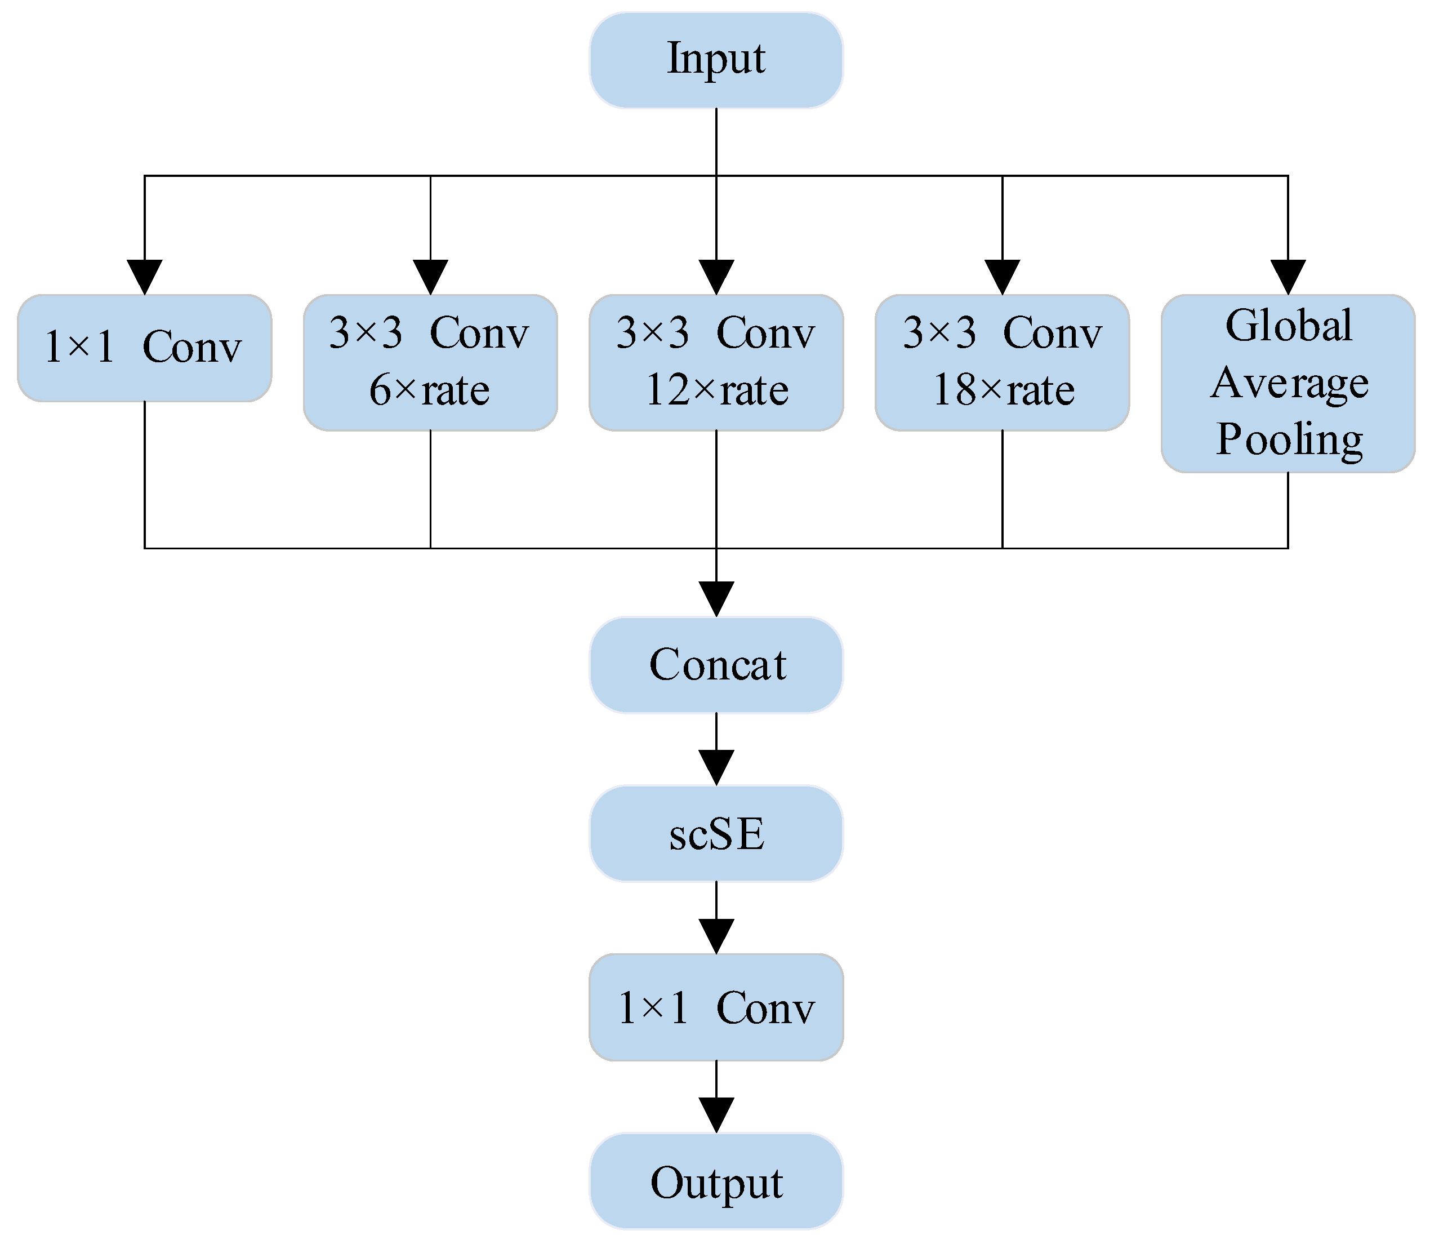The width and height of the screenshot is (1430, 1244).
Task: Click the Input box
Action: [x=716, y=60]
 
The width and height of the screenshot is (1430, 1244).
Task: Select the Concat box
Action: [x=716, y=664]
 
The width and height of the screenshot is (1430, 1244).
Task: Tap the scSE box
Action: [x=716, y=833]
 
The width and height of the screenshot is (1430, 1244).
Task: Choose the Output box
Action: [x=716, y=1181]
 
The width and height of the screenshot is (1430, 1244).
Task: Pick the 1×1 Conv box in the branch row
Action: [x=144, y=348]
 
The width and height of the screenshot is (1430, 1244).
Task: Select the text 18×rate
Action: [x=1003, y=390]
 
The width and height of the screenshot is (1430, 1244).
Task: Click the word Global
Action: [x=1289, y=325]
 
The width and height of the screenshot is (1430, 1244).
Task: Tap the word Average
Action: [x=1289, y=383]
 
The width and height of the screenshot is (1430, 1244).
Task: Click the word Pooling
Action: [x=1289, y=439]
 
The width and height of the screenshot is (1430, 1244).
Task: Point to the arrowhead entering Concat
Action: [x=716, y=599]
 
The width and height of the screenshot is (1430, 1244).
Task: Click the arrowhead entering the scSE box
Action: [x=716, y=768]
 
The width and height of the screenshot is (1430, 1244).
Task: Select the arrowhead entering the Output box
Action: [x=716, y=1115]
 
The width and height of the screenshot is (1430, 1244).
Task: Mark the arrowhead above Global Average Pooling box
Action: [x=1289, y=277]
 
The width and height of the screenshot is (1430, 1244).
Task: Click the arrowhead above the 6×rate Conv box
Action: [x=430, y=277]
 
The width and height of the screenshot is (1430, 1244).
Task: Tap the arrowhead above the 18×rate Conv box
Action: [x=1003, y=277]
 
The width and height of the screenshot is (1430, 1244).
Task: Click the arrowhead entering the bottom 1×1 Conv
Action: [x=716, y=936]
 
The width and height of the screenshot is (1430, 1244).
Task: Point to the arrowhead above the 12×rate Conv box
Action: [x=716, y=277]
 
